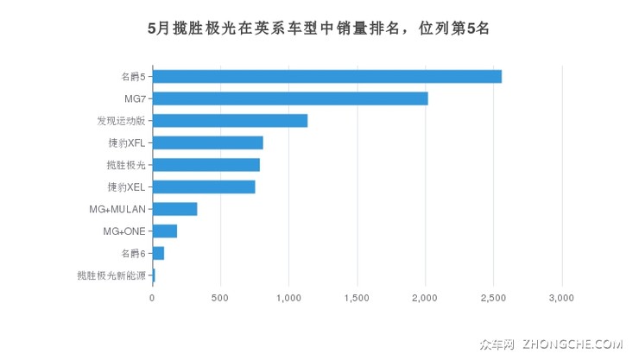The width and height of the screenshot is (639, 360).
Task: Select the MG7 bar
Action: (x=290, y=98)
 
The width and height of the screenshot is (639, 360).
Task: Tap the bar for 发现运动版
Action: (x=230, y=121)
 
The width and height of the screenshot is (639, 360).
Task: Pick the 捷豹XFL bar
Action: (x=207, y=142)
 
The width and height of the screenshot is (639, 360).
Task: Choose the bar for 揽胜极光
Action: (x=206, y=165)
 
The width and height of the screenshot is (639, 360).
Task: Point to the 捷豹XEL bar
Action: (x=204, y=186)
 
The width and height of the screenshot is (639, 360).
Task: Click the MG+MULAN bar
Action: (x=174, y=209)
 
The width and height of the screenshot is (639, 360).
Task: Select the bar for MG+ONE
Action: (x=164, y=231)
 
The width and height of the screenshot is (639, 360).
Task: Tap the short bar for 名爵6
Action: (x=158, y=253)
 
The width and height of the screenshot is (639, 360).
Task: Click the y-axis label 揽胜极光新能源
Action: (x=111, y=275)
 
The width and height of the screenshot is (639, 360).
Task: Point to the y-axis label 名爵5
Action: (x=133, y=77)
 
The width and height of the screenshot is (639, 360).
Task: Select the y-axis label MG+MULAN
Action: (x=118, y=209)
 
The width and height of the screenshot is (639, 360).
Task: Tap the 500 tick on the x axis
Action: (x=220, y=298)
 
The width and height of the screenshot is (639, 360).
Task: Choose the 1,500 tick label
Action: (x=357, y=298)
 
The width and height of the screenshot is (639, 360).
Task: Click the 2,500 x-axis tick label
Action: (x=493, y=298)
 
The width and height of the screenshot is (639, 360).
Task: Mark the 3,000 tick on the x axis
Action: (x=561, y=298)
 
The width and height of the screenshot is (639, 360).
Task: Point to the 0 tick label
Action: (x=153, y=298)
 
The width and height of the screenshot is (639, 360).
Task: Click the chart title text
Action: (x=319, y=28)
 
